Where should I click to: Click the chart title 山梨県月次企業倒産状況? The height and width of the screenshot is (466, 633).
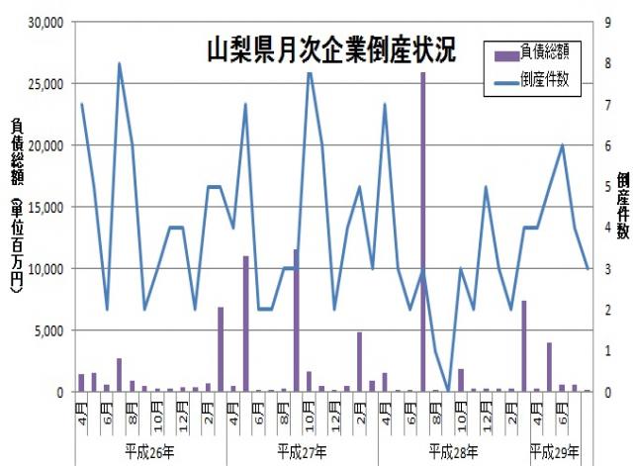pos(330,49)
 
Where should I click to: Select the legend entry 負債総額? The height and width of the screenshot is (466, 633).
pos(547,47)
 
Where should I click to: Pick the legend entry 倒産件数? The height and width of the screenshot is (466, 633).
pos(547,81)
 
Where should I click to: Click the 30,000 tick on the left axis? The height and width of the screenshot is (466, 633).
pos(44,22)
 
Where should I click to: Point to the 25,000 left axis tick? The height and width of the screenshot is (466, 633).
pos(44,83)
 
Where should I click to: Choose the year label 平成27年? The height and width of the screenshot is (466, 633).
pos(302,450)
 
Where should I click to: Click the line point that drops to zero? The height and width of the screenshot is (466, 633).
pos(448,392)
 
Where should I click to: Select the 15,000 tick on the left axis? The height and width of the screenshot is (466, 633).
pos(44,207)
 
